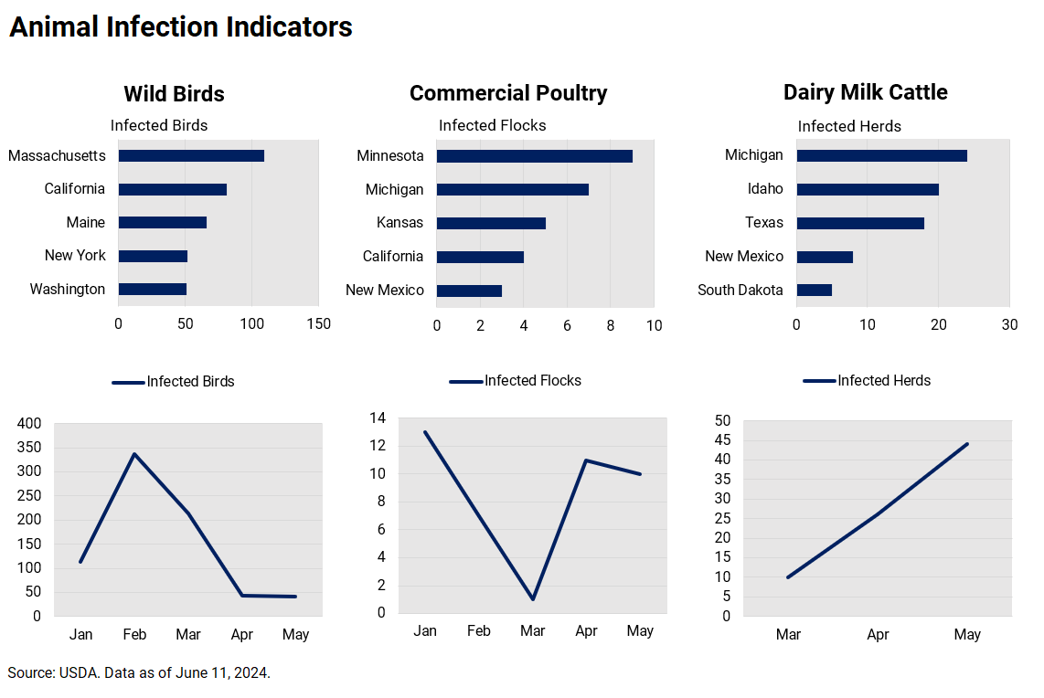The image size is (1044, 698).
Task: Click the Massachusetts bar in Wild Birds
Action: point(191,156)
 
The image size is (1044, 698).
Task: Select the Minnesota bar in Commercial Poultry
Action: point(535,156)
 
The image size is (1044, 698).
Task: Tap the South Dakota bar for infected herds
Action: point(814,291)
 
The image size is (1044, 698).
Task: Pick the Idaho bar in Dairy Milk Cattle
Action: point(868,190)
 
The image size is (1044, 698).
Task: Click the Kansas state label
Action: point(399,223)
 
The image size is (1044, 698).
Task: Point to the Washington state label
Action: point(67,290)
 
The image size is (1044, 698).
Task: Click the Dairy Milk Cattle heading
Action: point(865,92)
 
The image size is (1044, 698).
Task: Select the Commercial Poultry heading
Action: point(508,93)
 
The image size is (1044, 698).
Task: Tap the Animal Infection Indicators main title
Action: point(181,27)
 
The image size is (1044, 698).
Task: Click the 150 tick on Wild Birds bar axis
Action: point(318,323)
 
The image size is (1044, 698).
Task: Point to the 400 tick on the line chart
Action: point(30,424)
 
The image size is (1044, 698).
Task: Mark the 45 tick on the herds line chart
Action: point(722,440)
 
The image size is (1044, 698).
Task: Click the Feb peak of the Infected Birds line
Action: point(134,454)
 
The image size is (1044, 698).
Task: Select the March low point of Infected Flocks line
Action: point(532,598)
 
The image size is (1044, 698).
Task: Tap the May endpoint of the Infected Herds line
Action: point(967,444)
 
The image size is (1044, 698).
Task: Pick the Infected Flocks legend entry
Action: point(516,381)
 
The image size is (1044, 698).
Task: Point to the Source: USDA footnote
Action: point(139,673)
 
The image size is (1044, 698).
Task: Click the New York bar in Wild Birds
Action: point(153,257)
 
